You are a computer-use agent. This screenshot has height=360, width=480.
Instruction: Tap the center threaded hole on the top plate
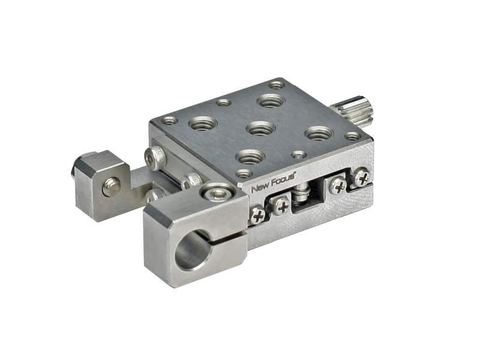coord(261,128)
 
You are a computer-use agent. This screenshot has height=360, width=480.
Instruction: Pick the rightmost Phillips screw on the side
coord(362,176)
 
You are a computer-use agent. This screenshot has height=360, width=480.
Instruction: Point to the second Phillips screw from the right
coord(338,186)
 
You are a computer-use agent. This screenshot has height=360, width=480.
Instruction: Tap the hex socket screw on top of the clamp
coord(218,193)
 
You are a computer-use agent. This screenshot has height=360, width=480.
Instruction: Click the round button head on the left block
coord(112,186)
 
